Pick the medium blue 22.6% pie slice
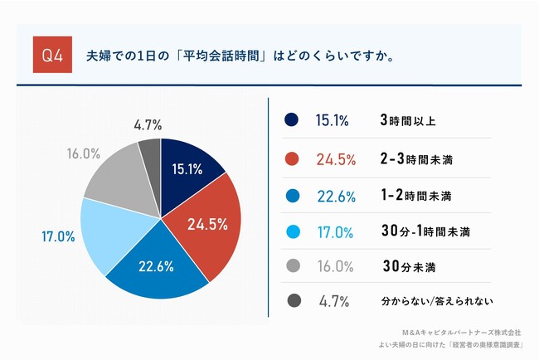[x=156, y=270]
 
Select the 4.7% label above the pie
[x=148, y=125]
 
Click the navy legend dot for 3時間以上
[x=291, y=120]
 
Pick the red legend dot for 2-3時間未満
[x=291, y=158]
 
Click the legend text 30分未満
[x=409, y=265]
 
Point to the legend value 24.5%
[x=336, y=158]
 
